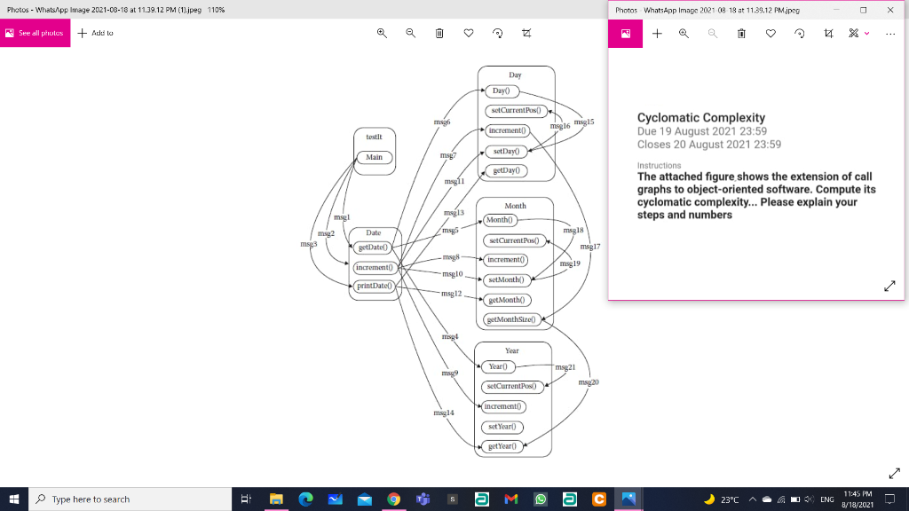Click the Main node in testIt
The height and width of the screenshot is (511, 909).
click(374, 157)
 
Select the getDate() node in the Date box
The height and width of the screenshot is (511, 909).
click(374, 248)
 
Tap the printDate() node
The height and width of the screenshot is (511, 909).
click(374, 286)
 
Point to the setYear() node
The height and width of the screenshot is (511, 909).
click(502, 427)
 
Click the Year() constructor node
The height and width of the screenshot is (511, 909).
click(497, 367)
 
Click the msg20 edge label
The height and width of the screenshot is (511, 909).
click(589, 382)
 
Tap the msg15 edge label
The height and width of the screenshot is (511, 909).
click(584, 121)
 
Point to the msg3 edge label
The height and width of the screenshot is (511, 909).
click(308, 243)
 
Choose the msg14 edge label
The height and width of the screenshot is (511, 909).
click(444, 413)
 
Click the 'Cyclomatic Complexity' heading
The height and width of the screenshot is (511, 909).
click(700, 117)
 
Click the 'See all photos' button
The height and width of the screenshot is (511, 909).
click(35, 33)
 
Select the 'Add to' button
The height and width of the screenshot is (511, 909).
click(96, 33)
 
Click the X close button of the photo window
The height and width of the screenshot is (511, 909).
click(889, 10)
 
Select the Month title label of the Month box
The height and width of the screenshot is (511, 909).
click(515, 206)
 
